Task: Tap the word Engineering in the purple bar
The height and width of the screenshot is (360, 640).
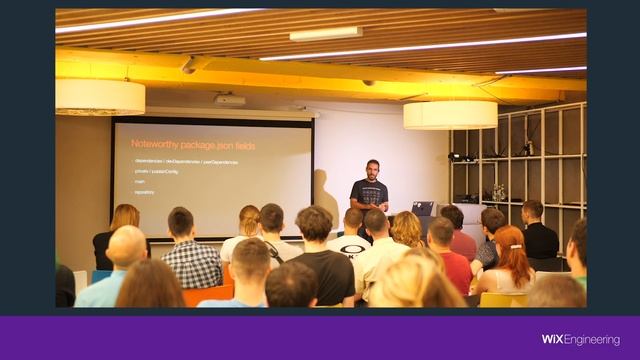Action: [592, 340]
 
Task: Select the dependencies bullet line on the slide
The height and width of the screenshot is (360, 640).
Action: [185, 161]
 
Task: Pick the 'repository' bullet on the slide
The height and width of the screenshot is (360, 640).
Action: [144, 191]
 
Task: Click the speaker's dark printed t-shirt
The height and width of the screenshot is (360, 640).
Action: [370, 192]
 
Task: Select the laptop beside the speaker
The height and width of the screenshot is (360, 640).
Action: [424, 208]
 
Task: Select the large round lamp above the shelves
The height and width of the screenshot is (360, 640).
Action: [450, 114]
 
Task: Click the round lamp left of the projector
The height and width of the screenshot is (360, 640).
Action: [100, 97]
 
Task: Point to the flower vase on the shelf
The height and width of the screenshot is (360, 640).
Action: [498, 193]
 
